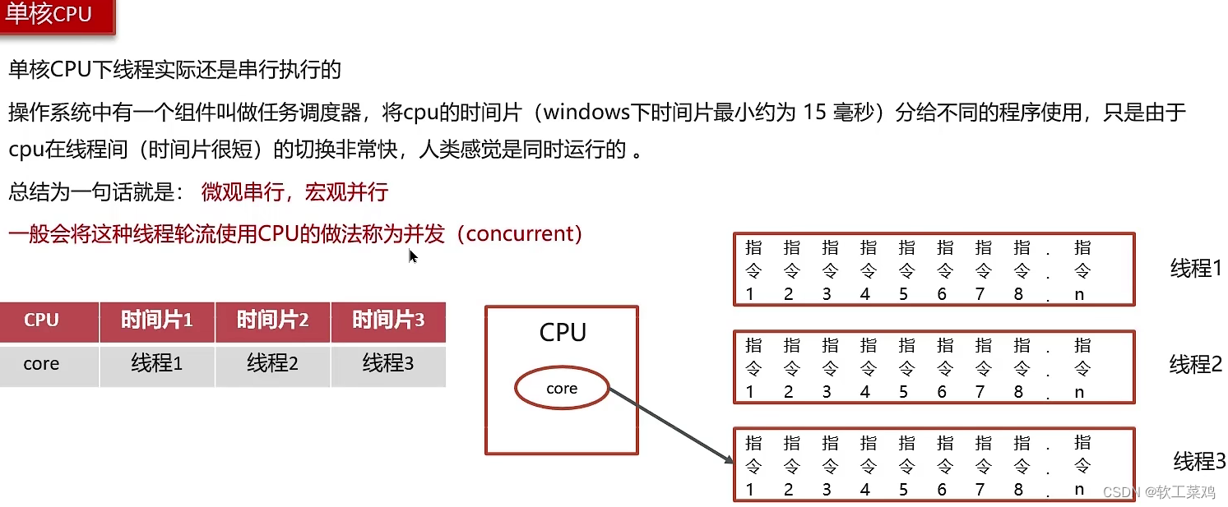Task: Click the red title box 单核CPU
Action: pyautogui.click(x=56, y=16)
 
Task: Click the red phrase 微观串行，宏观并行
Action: pyautogui.click(x=294, y=193)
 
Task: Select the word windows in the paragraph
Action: pyautogui.click(x=590, y=111)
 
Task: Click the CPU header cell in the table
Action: pyautogui.click(x=41, y=320)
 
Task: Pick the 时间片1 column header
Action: pyautogui.click(x=156, y=320)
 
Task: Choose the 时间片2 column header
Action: pyautogui.click(x=272, y=320)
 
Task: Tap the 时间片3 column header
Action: pyautogui.click(x=388, y=320)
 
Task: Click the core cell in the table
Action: pyautogui.click(x=41, y=363)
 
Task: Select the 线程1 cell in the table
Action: pyautogui.click(x=156, y=363)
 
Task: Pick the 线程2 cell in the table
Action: pyautogui.click(x=272, y=363)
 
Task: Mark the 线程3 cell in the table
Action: pyautogui.click(x=388, y=363)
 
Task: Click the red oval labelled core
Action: pyautogui.click(x=562, y=389)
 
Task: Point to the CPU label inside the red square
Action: pyautogui.click(x=563, y=333)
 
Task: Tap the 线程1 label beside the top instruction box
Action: pyautogui.click(x=1196, y=268)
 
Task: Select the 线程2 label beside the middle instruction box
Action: pyautogui.click(x=1196, y=364)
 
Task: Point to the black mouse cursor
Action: pyautogui.click(x=413, y=256)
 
